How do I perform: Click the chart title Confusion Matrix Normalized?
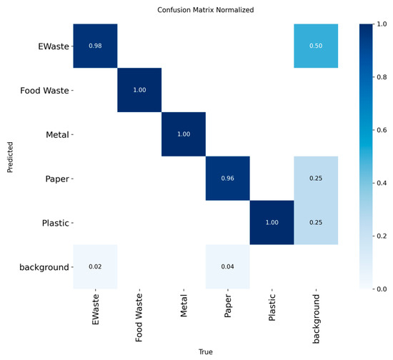(x=206, y=10)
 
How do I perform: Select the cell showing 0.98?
(x=95, y=46)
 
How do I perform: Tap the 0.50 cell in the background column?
(x=316, y=46)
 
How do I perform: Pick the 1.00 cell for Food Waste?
(x=139, y=90)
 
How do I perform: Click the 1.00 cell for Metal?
(x=184, y=134)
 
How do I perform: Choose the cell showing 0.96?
(x=228, y=179)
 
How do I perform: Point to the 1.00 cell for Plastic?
(x=272, y=222)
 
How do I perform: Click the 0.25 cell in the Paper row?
(x=316, y=179)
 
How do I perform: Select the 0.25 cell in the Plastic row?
(x=316, y=222)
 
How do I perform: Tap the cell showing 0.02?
(x=95, y=266)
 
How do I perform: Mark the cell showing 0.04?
(x=228, y=266)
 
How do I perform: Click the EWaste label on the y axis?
(x=54, y=46)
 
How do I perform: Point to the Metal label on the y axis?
(x=57, y=135)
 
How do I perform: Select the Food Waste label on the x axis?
(x=139, y=318)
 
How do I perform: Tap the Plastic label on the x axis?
(x=272, y=307)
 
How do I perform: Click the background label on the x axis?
(x=316, y=319)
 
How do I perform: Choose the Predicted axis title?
(x=10, y=157)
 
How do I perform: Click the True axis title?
(x=206, y=351)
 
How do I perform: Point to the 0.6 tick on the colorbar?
(x=382, y=130)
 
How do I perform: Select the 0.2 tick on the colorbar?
(x=382, y=236)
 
